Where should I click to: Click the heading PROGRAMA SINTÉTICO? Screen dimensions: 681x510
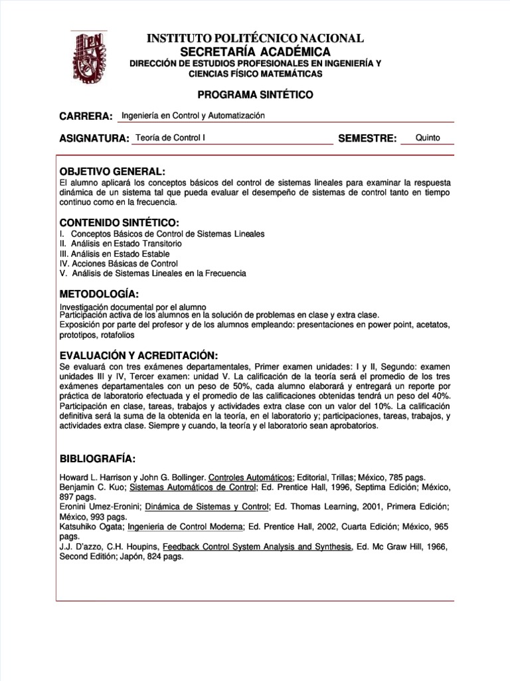(255, 94)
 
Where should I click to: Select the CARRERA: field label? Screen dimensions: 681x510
(86, 116)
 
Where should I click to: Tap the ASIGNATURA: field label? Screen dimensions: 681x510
(94, 138)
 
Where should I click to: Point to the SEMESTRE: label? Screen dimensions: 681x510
(367, 138)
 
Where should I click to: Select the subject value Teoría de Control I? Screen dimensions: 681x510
(171, 138)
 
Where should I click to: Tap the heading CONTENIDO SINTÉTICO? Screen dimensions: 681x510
(120, 222)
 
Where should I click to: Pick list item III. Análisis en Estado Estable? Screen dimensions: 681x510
(114, 253)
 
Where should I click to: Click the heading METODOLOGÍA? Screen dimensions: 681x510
(99, 293)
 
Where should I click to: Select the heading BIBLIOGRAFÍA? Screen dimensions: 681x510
(98, 459)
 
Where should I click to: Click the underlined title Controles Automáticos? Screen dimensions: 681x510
(250, 477)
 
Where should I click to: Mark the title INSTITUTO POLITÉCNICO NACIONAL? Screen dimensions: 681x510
(255, 39)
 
